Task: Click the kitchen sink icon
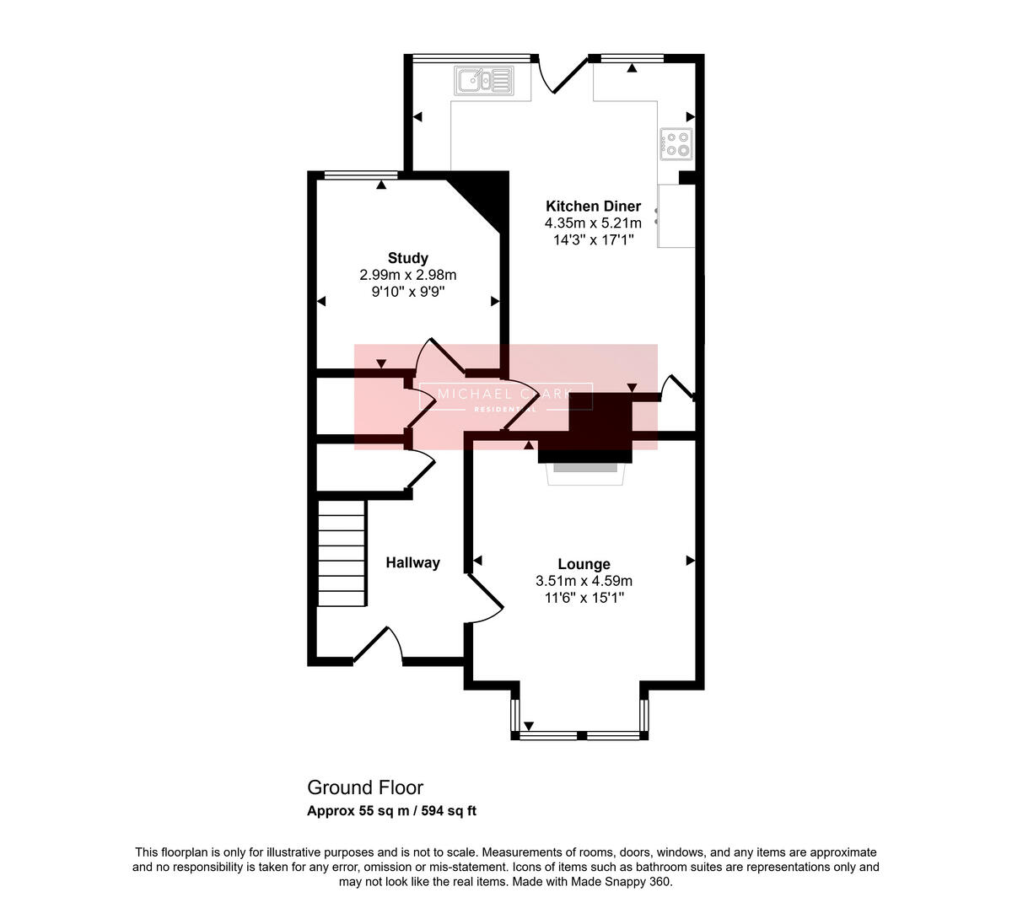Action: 484,81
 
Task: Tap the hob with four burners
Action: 676,143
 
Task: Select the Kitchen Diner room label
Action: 593,206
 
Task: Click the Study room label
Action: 407,258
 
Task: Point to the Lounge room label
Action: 584,564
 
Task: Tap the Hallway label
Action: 412,562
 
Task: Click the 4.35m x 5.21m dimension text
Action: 593,223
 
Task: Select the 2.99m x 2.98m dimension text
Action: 407,275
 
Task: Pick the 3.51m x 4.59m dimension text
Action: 584,581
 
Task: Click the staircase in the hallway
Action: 342,553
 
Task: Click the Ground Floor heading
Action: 365,787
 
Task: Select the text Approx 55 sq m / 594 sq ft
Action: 391,811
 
